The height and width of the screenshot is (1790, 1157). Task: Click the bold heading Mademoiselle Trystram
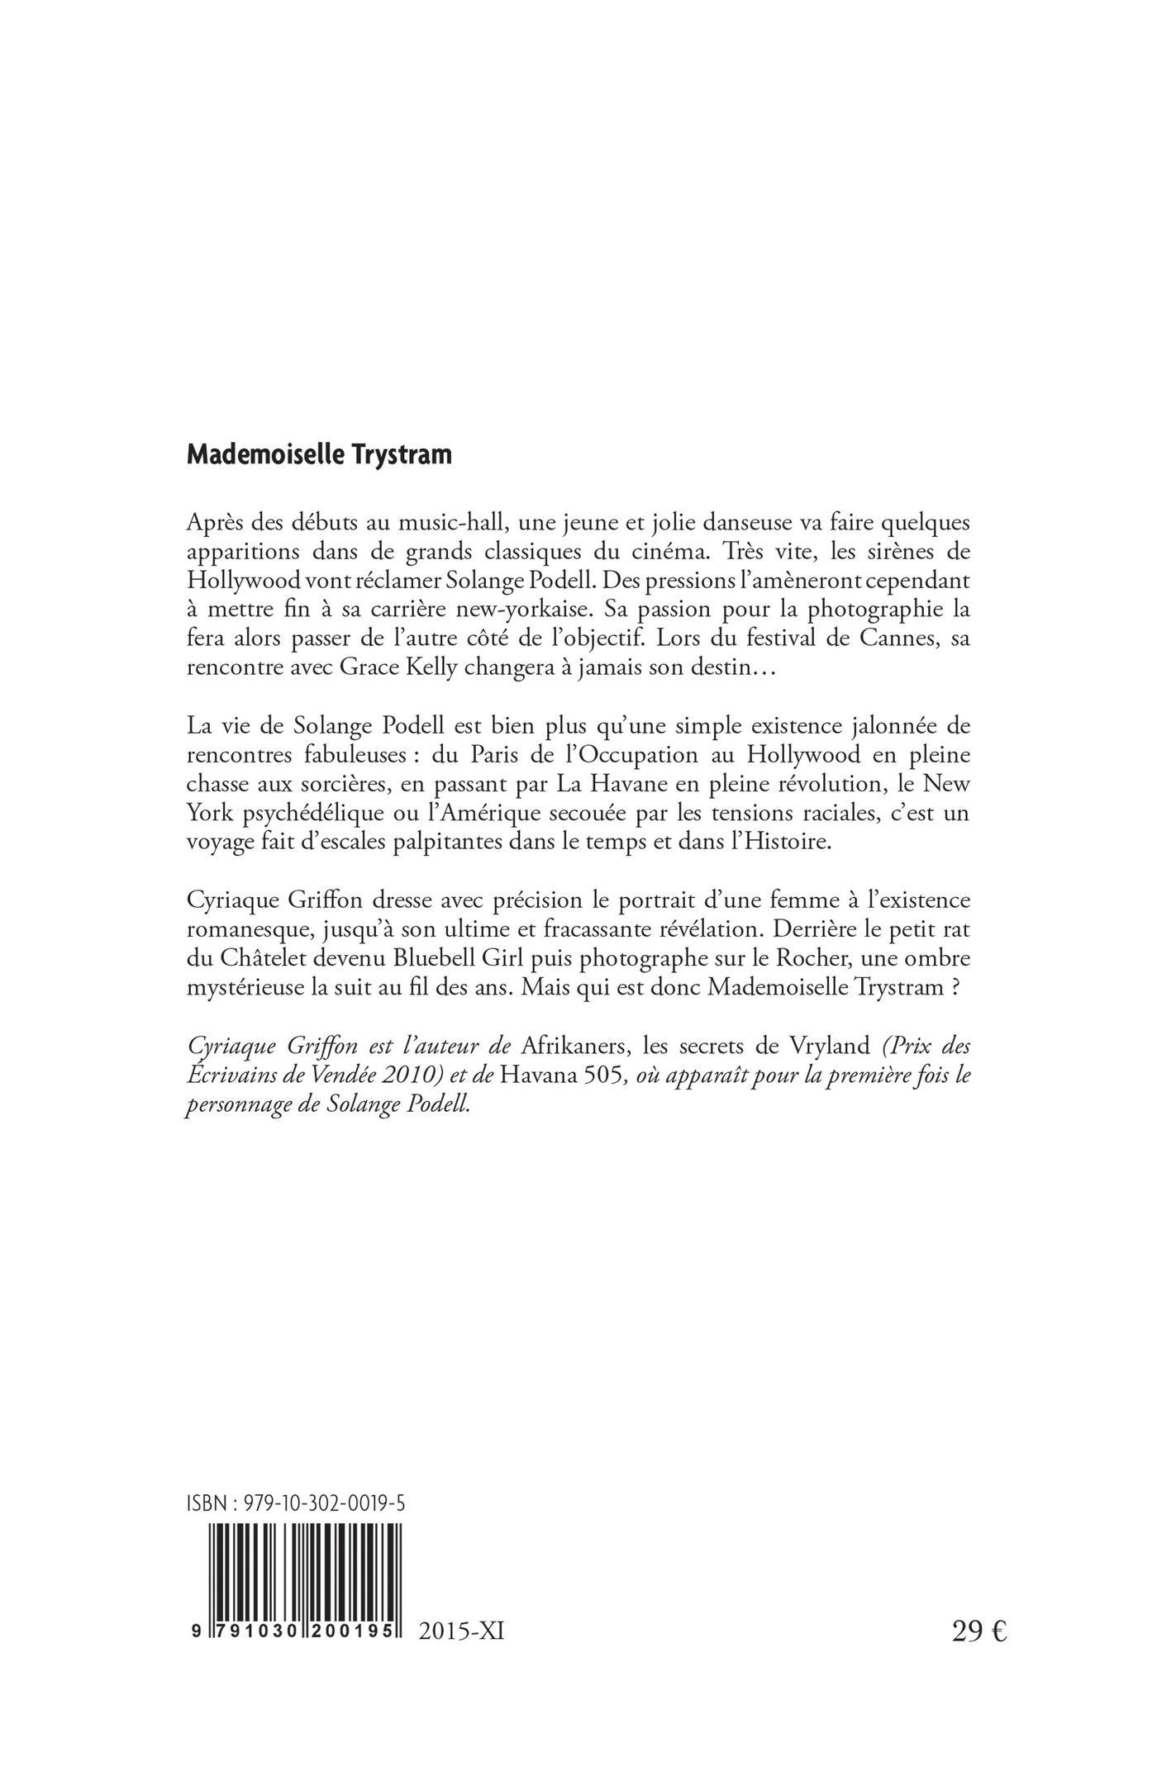319,456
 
